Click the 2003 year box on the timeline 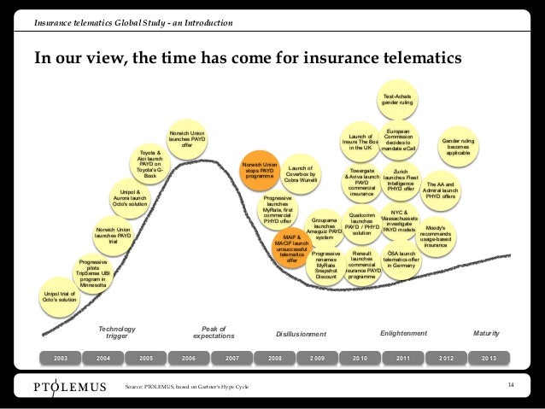click(x=61, y=356)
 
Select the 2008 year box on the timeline click(x=275, y=356)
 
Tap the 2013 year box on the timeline click(x=489, y=356)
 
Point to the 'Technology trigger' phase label click(x=117, y=332)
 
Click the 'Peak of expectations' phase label click(x=212, y=332)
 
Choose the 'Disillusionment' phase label click(x=302, y=334)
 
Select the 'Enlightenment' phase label click(x=403, y=332)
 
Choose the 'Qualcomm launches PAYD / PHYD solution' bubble click(x=362, y=224)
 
